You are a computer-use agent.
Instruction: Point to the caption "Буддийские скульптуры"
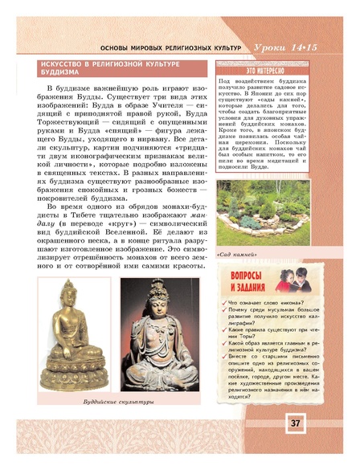click(120, 400)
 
